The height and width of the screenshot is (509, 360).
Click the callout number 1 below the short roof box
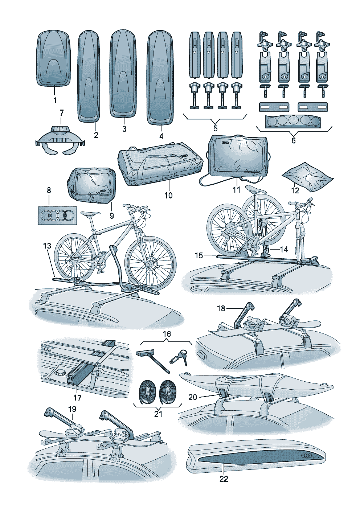click(55, 100)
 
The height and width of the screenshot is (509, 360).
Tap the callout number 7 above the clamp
click(62, 113)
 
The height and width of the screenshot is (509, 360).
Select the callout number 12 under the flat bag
click(295, 190)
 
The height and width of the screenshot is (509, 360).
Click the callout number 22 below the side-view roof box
click(224, 479)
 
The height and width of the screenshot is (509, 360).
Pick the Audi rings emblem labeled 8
click(57, 215)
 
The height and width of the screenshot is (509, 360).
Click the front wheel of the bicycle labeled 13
click(151, 264)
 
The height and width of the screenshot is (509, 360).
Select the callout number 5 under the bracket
click(215, 129)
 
